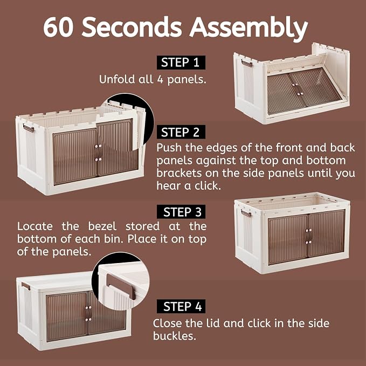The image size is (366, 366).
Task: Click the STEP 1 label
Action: pyautogui.click(x=181, y=63)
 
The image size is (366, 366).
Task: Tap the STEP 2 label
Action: pyautogui.click(x=181, y=132)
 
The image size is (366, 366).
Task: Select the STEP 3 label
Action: pyautogui.click(x=181, y=212)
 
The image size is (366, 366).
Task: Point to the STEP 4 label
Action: pyautogui.click(x=181, y=306)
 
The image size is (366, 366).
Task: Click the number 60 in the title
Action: pyautogui.click(x=59, y=27)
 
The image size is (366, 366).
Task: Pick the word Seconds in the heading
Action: pyautogui.click(x=132, y=27)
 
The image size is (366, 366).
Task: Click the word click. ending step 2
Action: pyautogui.click(x=208, y=186)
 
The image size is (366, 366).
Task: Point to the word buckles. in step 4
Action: pyautogui.click(x=174, y=336)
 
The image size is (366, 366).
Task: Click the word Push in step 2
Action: pyautogui.click(x=169, y=148)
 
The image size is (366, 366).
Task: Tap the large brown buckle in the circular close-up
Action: pyautogui.click(x=121, y=286)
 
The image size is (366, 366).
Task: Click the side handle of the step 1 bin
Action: pyautogui.click(x=246, y=63)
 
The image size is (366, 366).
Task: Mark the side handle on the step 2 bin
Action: pyautogui.click(x=28, y=128)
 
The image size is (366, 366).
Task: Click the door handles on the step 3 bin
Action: pyautogui.click(x=308, y=236)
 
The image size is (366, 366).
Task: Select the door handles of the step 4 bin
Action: pyautogui.click(x=88, y=314)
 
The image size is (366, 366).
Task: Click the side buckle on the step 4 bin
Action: pyautogui.click(x=26, y=286)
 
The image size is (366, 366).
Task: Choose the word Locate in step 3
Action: pyautogui.click(x=35, y=226)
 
